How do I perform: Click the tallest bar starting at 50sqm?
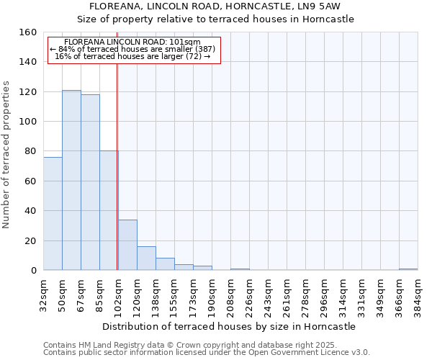pos(71,180)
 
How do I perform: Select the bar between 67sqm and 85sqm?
pos(90,182)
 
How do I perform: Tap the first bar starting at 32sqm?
pos(53,214)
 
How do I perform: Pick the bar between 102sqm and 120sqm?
pos(127,245)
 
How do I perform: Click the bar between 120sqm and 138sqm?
pos(146,258)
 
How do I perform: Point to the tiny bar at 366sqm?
pos(408,269)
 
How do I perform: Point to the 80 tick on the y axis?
pos(30,151)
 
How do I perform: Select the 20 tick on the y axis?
pos(30,240)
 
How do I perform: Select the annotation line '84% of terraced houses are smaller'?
pos(132,49)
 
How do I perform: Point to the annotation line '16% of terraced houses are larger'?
pos(132,56)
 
